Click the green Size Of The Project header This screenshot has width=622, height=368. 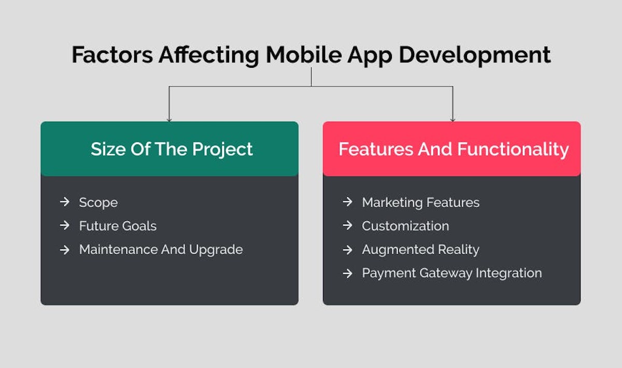pyautogui.click(x=169, y=149)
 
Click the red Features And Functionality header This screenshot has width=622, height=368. pyautogui.click(x=451, y=149)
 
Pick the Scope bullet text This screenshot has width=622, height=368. pyautogui.click(x=98, y=202)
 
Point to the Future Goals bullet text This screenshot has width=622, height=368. pyautogui.click(x=118, y=226)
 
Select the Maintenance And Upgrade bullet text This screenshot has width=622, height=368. pyautogui.click(x=161, y=249)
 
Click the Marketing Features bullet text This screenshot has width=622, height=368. pyautogui.click(x=420, y=202)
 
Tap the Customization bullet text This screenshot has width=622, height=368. pyautogui.click(x=405, y=226)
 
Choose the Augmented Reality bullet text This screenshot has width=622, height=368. pyautogui.click(x=420, y=249)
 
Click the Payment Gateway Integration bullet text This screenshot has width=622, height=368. pyautogui.click(x=451, y=273)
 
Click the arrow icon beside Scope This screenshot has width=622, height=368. pyautogui.click(x=64, y=202)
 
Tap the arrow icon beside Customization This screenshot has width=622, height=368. pyautogui.click(x=347, y=226)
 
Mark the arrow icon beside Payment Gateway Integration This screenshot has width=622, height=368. pyautogui.click(x=347, y=273)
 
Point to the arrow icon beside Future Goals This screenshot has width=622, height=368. pyautogui.click(x=64, y=226)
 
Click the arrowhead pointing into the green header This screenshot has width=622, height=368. pyautogui.click(x=169, y=119)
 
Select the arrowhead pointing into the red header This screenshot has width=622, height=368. pyautogui.click(x=453, y=119)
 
